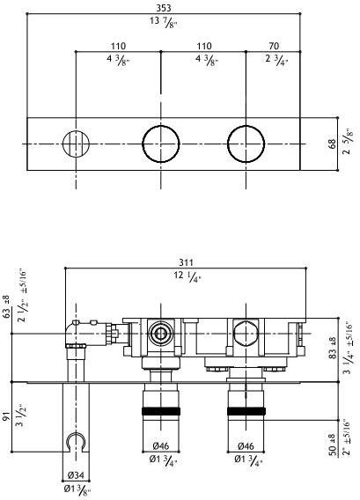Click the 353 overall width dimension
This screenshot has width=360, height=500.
pyautogui.click(x=164, y=8)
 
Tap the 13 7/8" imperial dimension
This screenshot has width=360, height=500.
pyautogui.click(x=163, y=23)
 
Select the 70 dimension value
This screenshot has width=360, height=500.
pyautogui.click(x=274, y=46)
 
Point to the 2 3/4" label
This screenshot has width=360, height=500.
pyautogui.click(x=276, y=60)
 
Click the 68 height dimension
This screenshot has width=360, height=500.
pyautogui.click(x=333, y=143)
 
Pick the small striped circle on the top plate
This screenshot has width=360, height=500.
pyautogui.click(x=76, y=143)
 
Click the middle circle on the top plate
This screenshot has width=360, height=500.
pyautogui.click(x=161, y=143)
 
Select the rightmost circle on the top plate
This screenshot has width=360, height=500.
pyautogui.click(x=246, y=143)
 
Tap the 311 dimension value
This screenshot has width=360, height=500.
pyautogui.click(x=186, y=262)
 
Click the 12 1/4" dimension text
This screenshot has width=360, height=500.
pyautogui.click(x=187, y=276)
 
